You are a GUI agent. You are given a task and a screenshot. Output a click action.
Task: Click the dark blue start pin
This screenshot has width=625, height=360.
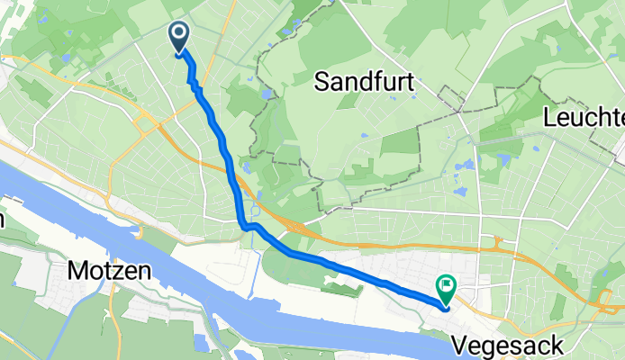coord(178,37)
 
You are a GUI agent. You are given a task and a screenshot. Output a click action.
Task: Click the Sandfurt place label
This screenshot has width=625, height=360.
coord(364,84)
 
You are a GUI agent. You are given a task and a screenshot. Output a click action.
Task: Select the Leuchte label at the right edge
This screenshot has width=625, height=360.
coord(584,118)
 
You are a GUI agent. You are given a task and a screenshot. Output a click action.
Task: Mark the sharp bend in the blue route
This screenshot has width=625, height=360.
coord(243,226)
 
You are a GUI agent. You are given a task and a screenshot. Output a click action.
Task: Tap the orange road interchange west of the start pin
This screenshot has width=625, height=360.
coord(144,118)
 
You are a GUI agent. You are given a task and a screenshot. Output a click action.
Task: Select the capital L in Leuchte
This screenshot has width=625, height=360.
coord(551,118)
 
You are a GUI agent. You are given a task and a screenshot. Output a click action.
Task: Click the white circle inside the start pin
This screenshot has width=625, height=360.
coord(178,34)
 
